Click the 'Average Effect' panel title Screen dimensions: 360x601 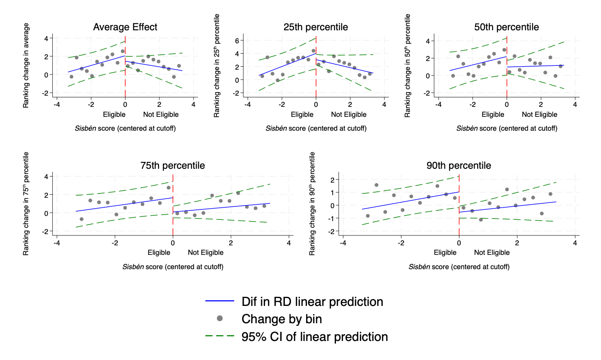[x=125, y=27]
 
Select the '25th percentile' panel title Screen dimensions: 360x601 [x=316, y=27]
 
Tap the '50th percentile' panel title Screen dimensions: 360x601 [x=507, y=27]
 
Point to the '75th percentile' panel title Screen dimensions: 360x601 [x=173, y=166]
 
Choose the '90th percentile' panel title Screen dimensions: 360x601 [x=459, y=166]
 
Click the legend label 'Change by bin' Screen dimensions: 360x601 [x=282, y=319]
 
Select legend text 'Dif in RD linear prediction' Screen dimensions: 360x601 [x=312, y=302]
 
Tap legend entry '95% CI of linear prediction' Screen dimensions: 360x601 [x=315, y=337]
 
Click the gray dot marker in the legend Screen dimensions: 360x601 [x=220, y=319]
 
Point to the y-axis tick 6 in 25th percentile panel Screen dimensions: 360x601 [x=237, y=40]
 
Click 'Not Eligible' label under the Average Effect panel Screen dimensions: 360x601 [x=161, y=115]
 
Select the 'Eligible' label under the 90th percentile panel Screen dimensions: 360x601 [x=446, y=253]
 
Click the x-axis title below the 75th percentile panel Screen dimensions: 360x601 [x=173, y=267]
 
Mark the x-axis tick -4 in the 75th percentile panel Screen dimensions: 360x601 [x=57, y=243]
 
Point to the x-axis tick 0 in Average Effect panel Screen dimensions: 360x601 [x=125, y=104]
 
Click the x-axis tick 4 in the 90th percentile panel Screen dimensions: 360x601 [x=575, y=243]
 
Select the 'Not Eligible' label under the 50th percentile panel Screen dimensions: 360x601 [x=540, y=115]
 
